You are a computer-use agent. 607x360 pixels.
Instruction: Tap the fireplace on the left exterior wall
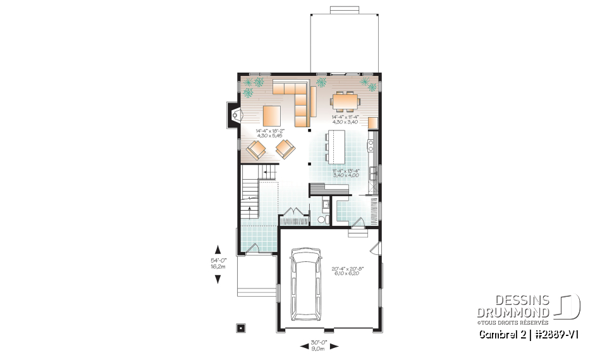(x=235, y=116)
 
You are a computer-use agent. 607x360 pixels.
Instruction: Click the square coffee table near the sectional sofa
(x=272, y=116)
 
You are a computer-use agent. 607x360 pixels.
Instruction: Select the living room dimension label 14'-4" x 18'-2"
(x=270, y=133)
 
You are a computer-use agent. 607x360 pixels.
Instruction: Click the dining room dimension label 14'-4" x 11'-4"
(x=346, y=119)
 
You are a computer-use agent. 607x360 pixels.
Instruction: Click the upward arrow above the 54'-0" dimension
(x=218, y=249)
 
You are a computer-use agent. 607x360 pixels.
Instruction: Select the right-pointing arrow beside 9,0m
(x=334, y=346)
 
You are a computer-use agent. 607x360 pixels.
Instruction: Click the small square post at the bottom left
(x=240, y=328)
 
